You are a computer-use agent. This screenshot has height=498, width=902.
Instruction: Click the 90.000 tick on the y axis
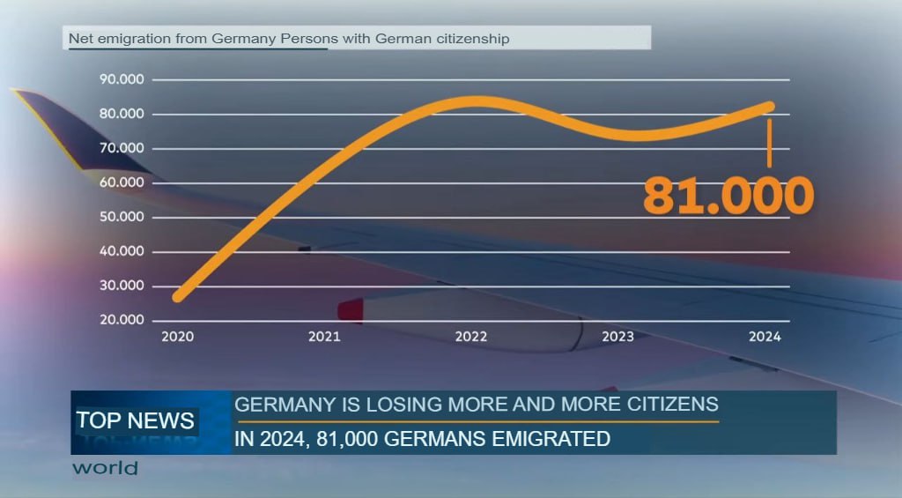123,80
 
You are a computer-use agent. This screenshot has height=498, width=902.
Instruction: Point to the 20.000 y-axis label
123,320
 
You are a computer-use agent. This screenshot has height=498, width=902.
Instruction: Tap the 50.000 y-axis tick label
123,217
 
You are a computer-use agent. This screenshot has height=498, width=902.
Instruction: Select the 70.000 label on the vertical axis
123,149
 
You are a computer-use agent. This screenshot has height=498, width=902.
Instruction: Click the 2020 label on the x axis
178,337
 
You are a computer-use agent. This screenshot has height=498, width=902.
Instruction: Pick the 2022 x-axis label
471,337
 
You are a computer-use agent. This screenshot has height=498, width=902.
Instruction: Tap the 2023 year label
617,337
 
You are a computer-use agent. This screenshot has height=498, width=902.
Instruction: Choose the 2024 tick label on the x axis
764,337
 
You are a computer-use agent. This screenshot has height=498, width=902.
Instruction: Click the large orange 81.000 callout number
728,196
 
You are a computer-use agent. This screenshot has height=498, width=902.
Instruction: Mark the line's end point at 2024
769,107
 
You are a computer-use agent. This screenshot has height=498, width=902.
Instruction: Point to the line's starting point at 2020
179,297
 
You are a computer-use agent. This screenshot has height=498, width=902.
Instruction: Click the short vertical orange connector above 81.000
769,144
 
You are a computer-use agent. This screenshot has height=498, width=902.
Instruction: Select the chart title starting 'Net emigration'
289,39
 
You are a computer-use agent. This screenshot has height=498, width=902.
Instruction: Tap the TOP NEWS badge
135,420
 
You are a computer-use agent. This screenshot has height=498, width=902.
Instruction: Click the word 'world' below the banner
105,468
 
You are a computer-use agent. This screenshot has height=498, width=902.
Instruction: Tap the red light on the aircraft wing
351,310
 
